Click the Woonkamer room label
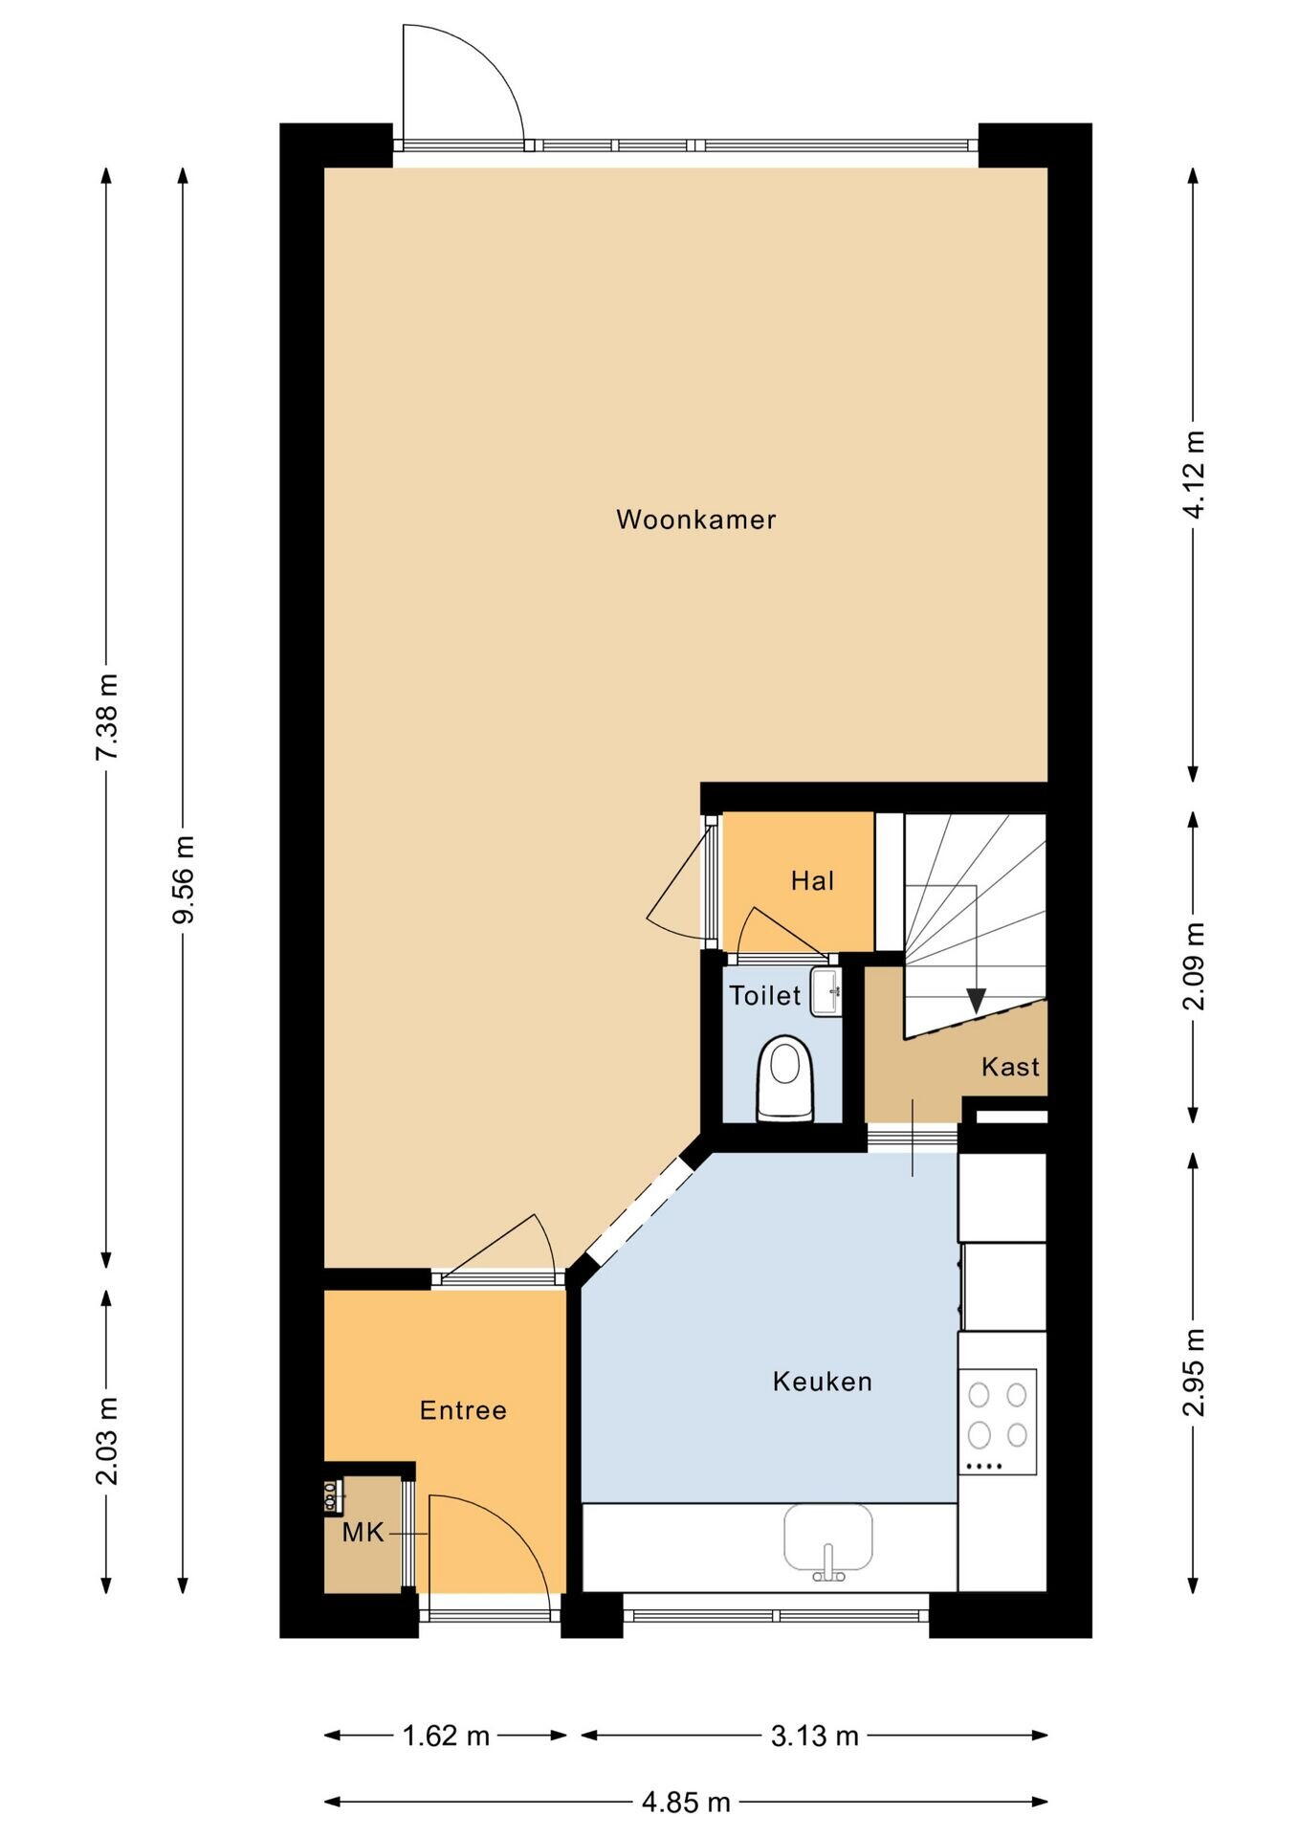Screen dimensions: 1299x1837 [x=695, y=520]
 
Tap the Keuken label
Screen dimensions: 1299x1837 [x=823, y=1382]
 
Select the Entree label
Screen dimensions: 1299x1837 [x=463, y=1410]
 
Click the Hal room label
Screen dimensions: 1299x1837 [x=812, y=880]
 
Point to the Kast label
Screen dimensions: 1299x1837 [x=1010, y=1066]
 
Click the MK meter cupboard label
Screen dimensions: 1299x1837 [x=363, y=1533]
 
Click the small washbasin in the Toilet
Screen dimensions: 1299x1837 [x=826, y=991]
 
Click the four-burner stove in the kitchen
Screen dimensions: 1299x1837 [x=998, y=1422]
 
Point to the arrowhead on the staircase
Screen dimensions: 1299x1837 [x=976, y=1001]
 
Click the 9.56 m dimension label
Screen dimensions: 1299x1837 [x=183, y=879]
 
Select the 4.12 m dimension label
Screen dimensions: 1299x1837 [x=1194, y=475]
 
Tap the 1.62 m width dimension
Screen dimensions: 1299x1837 [x=446, y=1736]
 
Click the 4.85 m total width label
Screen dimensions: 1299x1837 [x=686, y=1803]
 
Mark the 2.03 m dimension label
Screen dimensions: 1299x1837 [x=106, y=1441]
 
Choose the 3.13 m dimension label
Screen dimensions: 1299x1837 [x=815, y=1736]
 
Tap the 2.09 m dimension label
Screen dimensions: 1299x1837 [x=1194, y=966]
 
